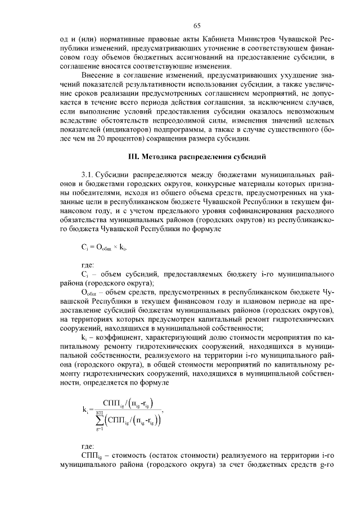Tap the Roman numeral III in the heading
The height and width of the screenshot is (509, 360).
pyautogui.click(x=135, y=155)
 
